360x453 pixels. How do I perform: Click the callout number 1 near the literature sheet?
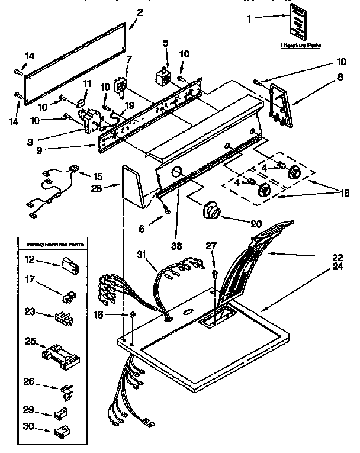[249, 19]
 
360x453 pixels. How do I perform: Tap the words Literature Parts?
[300, 45]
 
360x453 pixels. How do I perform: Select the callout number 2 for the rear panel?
[140, 12]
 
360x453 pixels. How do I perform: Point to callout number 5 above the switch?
[166, 43]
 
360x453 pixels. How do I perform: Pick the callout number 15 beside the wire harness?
[97, 176]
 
